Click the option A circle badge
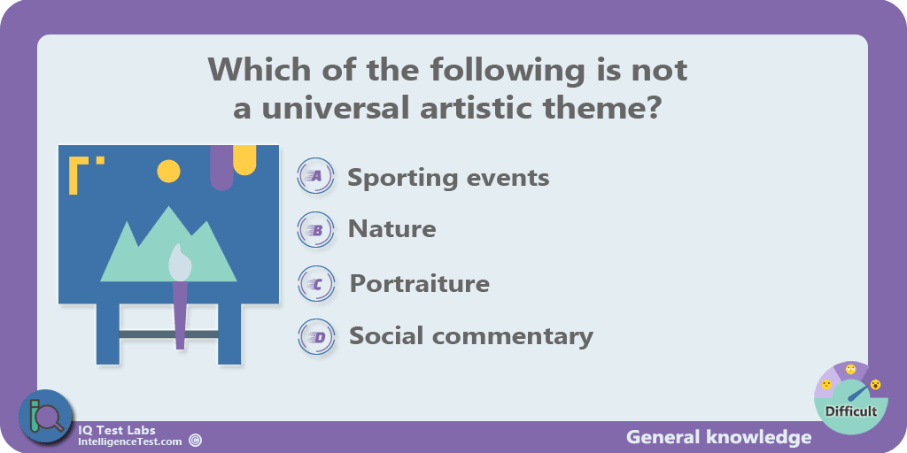click(x=316, y=176)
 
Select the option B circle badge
click(x=316, y=230)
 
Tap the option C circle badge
click(x=316, y=284)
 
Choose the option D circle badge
click(x=316, y=336)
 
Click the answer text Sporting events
click(x=448, y=177)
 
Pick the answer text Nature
click(x=391, y=229)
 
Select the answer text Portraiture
click(x=419, y=283)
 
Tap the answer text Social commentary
click(x=471, y=335)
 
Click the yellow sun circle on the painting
click(x=169, y=171)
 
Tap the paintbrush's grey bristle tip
click(x=179, y=264)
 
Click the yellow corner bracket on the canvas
click(x=78, y=175)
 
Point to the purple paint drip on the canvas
click(x=221, y=167)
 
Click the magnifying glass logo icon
click(x=45, y=416)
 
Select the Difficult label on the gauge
click(x=851, y=411)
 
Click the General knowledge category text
click(x=718, y=437)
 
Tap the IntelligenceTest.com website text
click(x=129, y=442)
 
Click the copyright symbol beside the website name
click(x=196, y=441)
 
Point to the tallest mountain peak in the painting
click(x=169, y=207)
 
